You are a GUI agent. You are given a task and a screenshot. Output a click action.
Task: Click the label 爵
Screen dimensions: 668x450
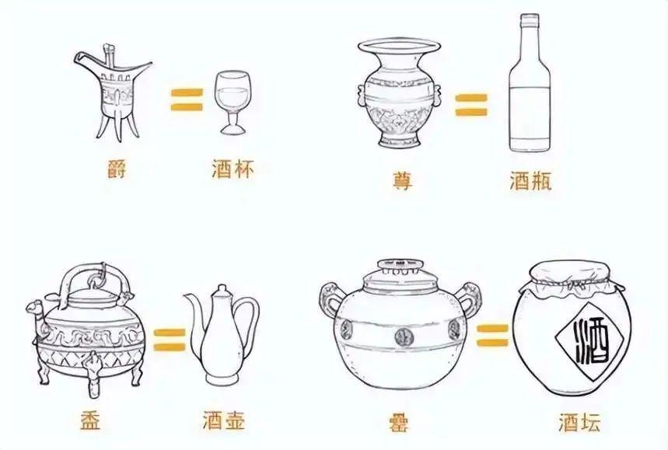coord(117,169)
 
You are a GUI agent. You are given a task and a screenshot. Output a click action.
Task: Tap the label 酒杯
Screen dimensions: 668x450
coord(233,169)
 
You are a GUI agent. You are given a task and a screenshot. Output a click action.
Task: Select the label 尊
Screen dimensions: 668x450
coord(402,181)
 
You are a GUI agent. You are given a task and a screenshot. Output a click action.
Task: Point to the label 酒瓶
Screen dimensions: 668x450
coord(530,181)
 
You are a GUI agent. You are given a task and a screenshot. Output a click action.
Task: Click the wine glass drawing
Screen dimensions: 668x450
coord(231,103)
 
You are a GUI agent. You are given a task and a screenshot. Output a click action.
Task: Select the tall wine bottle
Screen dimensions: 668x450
coord(530,82)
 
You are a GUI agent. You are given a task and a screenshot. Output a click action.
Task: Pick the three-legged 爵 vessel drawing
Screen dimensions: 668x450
coord(112,92)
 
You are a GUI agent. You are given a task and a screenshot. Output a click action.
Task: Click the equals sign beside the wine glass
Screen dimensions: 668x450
coord(187,99)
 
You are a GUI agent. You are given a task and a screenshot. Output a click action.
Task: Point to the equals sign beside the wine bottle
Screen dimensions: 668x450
coord(471,105)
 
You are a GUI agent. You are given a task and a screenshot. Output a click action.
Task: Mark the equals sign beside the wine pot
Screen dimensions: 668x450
coord(170,340)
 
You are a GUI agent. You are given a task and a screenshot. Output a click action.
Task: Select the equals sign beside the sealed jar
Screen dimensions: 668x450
coord(492,335)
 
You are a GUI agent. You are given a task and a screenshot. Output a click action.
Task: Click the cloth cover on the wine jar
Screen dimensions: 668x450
coord(572,279)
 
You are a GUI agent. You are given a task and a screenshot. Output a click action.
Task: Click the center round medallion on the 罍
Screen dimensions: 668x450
coord(403,336)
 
